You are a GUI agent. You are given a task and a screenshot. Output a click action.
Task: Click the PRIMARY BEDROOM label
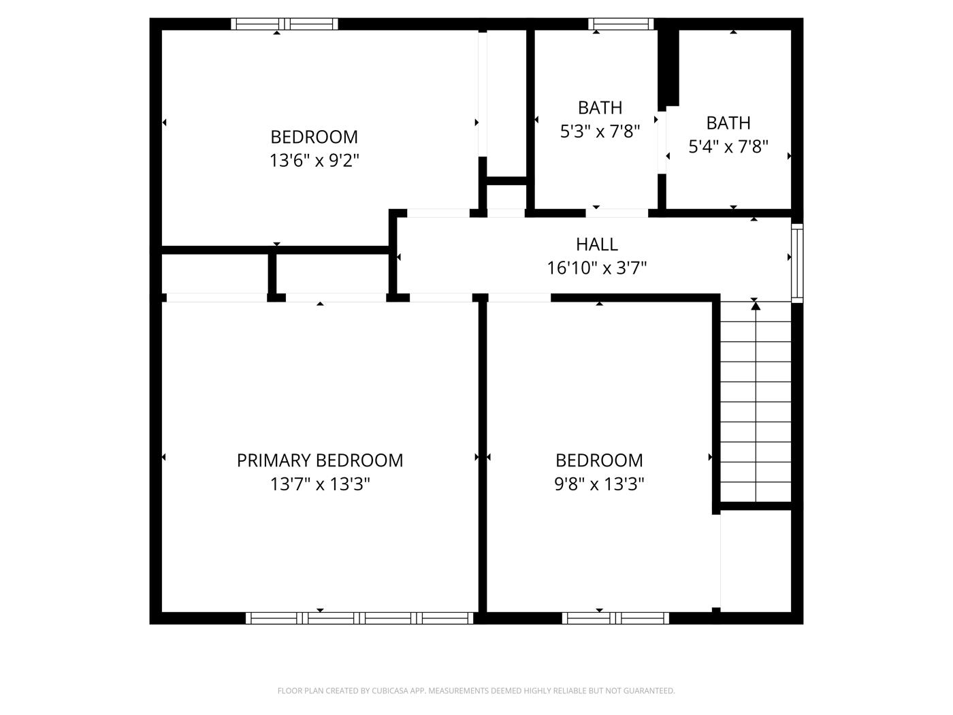[319, 460]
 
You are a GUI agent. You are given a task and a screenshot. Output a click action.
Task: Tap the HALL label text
[597, 244]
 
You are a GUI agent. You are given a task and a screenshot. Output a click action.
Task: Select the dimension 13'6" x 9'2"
[314, 161]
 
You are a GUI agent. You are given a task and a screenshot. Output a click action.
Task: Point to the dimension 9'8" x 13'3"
[599, 484]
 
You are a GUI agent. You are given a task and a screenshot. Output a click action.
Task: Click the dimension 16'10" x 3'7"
[597, 268]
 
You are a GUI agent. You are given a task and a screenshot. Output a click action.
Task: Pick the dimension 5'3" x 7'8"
[600, 131]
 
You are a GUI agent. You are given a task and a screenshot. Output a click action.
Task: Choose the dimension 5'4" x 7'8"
[728, 146]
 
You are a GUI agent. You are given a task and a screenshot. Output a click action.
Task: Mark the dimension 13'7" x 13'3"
[320, 484]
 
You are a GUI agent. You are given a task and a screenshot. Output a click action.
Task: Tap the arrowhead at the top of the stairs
[755, 306]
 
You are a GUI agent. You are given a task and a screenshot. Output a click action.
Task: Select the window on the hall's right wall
[797, 262]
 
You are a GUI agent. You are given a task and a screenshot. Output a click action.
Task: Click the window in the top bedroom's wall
[285, 24]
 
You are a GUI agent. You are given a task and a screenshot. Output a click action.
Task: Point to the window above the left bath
[621, 24]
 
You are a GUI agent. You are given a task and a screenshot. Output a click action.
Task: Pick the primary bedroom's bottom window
[359, 618]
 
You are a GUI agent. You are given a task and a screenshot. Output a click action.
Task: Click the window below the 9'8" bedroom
[615, 618]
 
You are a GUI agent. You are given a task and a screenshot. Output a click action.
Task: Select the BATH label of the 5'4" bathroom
[728, 123]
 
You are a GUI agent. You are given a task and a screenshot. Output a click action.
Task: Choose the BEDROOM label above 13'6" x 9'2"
[314, 137]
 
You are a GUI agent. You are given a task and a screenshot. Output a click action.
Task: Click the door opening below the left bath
[617, 213]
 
